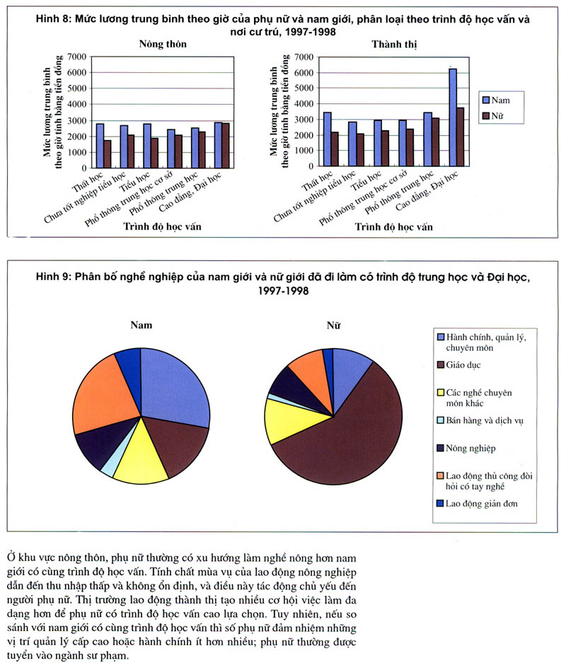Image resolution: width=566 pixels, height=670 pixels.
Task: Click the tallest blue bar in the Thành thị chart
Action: click(x=453, y=117)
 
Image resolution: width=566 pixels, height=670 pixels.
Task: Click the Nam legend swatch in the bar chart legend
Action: click(x=486, y=100)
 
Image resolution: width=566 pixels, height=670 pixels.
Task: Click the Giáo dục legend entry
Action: click(x=463, y=364)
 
